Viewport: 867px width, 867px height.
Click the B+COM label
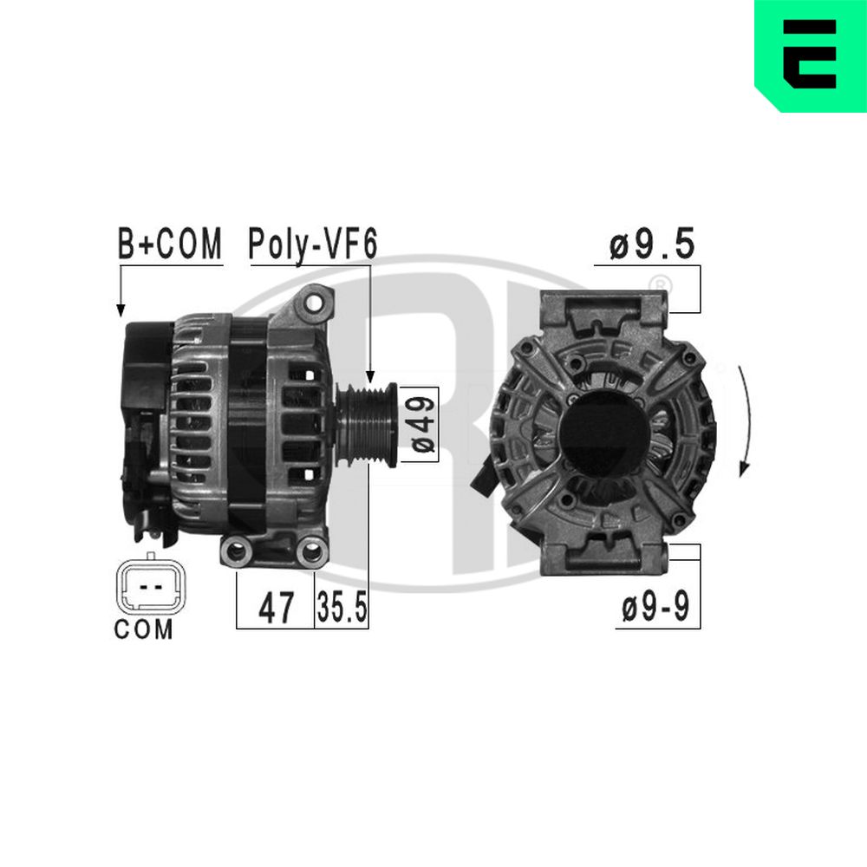(x=170, y=245)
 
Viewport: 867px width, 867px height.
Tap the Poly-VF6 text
(x=312, y=245)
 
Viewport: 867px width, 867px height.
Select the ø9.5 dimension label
(x=652, y=245)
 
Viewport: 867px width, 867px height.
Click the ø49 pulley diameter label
(x=423, y=424)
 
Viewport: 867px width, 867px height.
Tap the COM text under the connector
(x=144, y=630)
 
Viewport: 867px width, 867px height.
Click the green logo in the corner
(x=810, y=55)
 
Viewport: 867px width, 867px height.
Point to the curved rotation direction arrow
(x=746, y=420)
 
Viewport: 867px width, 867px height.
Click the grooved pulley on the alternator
(x=368, y=425)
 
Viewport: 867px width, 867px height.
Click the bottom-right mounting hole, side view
(x=310, y=551)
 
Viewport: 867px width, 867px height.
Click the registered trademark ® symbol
(x=660, y=283)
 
